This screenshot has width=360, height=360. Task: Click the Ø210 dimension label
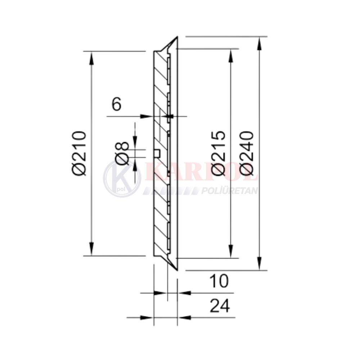tap(79, 153)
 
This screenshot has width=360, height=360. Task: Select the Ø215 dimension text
tap(218, 153)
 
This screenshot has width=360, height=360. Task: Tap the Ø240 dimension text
tap(246, 153)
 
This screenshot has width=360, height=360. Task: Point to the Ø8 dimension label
tap(122, 153)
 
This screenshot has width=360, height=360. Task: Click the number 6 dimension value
tap(116, 104)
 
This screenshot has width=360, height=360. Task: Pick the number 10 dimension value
tap(219, 281)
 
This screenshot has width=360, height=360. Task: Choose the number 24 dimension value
tap(220, 306)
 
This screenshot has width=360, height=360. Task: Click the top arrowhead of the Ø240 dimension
tap(259, 44)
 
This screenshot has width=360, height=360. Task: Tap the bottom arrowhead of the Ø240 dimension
tap(259, 264)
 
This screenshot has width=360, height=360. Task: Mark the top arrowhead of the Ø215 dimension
tap(231, 55)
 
